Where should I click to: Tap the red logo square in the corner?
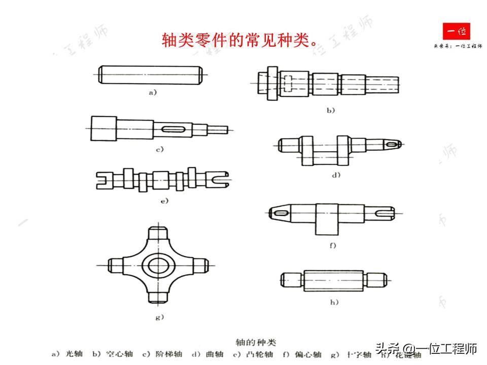(456, 32)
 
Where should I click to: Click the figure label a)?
(153, 93)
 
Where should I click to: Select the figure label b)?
(330, 109)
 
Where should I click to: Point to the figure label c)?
(159, 150)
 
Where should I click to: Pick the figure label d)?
(335, 175)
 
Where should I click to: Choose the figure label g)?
(159, 317)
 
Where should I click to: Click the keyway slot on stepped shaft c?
(172, 129)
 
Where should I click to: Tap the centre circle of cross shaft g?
(157, 264)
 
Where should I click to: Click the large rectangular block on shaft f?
(327, 218)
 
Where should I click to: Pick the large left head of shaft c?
(103, 126)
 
